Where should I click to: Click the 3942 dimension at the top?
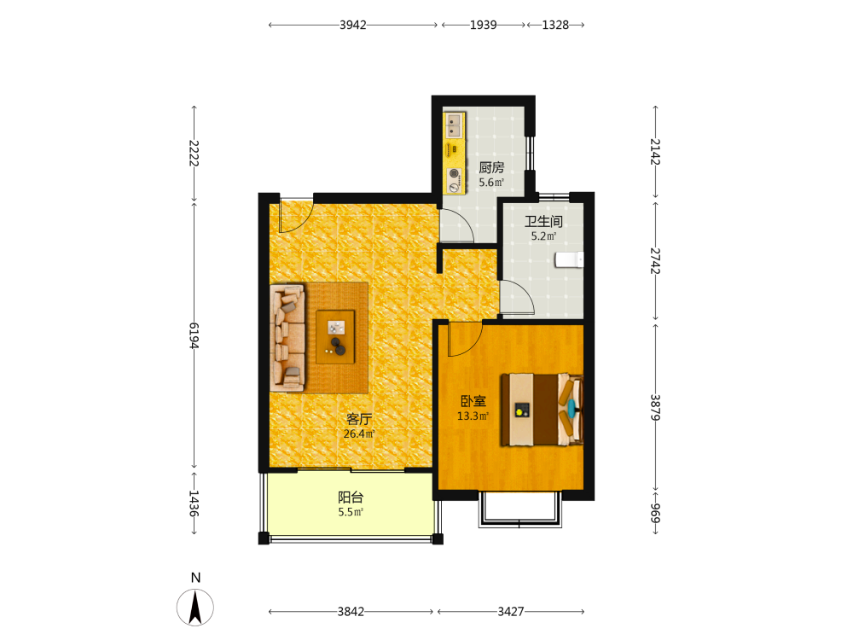(x=352, y=25)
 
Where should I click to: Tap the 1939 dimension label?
(x=483, y=25)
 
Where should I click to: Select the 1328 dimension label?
(x=555, y=25)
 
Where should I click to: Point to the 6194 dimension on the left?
(x=194, y=335)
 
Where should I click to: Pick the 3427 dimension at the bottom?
(x=511, y=612)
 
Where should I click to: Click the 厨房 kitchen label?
(x=491, y=167)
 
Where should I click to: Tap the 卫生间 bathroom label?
(x=543, y=222)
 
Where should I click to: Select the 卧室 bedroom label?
(x=473, y=401)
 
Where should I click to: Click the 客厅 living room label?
(x=359, y=419)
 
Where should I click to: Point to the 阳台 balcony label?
(x=351, y=497)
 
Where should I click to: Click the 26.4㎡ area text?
(x=359, y=433)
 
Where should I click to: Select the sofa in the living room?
(x=287, y=337)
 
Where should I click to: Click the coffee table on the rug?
(x=335, y=337)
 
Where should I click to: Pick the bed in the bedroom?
(x=543, y=410)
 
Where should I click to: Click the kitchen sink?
(x=455, y=125)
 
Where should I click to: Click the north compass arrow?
(x=195, y=608)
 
